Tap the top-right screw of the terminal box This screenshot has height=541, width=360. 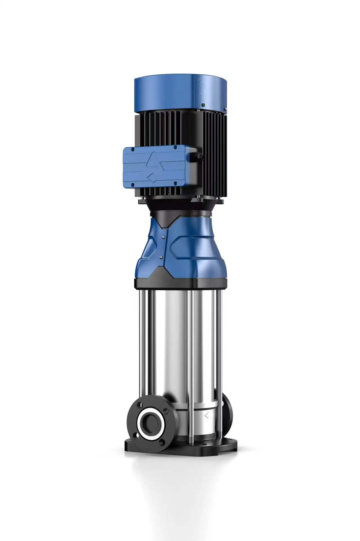[175, 147]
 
